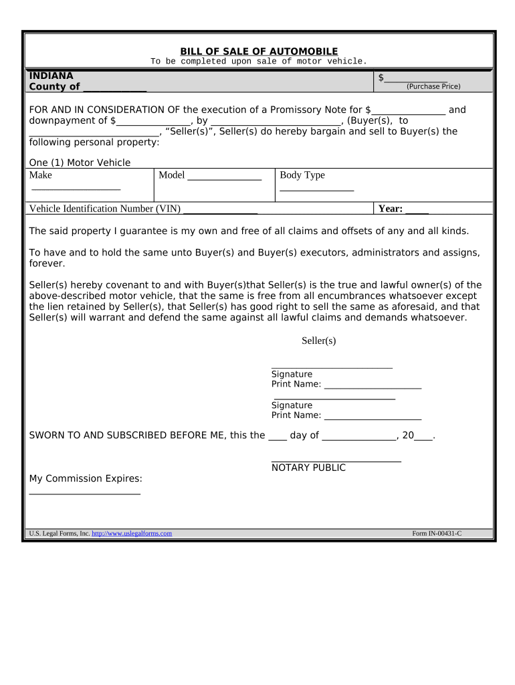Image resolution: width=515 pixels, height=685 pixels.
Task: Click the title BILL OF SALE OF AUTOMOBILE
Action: tap(259, 52)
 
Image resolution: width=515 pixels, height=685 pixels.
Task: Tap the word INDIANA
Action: tap(51, 76)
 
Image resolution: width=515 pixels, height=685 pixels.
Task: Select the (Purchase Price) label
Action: tap(433, 87)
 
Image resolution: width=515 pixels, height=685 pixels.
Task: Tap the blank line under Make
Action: tap(75, 189)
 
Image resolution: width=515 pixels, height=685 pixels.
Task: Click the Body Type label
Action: tap(302, 175)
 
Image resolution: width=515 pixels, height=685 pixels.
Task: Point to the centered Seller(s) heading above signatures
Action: tap(318, 341)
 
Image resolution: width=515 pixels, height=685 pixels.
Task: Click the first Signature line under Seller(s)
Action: tap(332, 367)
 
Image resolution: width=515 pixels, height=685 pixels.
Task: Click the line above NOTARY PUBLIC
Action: tap(336, 460)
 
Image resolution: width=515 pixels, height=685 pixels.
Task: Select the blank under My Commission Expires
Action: tap(84, 493)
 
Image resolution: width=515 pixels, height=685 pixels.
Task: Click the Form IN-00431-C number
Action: tap(437, 533)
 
